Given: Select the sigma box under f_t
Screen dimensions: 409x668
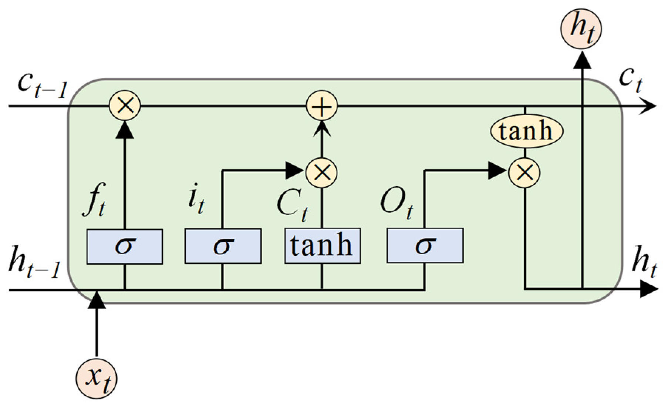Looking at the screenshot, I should point(124,246).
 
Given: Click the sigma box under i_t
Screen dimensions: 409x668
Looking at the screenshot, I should point(223,246).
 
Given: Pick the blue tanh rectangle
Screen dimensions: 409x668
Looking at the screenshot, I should point(322,246).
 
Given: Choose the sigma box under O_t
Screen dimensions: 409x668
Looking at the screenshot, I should point(425,246).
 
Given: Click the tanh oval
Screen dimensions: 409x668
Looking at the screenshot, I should point(526,131).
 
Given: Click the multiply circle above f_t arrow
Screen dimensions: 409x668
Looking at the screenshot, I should point(125,107).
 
